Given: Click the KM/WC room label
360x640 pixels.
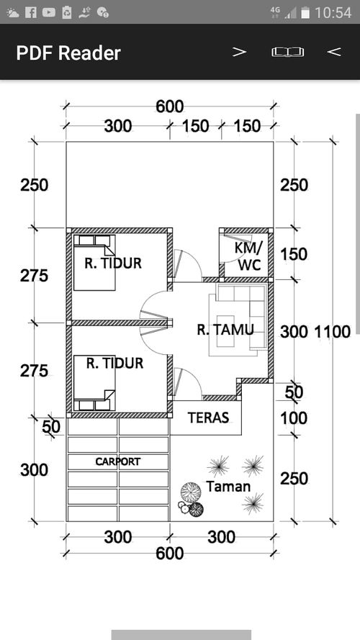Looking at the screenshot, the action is [x=249, y=256].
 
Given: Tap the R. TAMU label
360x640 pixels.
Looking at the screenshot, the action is [x=225, y=330].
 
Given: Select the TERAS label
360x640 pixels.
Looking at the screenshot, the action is [x=208, y=418].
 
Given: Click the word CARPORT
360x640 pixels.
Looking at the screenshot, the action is [x=118, y=461].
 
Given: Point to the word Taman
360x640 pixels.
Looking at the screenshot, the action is [x=228, y=486].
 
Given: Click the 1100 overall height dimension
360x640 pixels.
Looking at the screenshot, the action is [x=332, y=332].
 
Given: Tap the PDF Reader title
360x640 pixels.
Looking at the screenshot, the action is [x=68, y=53].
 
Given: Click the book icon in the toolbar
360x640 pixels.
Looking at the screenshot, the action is [x=288, y=52].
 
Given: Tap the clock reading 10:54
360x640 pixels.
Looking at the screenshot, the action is [x=333, y=13].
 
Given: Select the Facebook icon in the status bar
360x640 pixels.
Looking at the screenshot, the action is [x=31, y=13].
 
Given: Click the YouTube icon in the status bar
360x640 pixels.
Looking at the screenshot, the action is [x=48, y=13].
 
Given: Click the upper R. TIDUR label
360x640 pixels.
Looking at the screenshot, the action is [x=113, y=263].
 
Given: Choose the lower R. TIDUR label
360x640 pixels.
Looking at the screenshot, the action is [x=114, y=363].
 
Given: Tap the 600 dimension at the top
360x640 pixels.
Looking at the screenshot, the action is [x=169, y=107].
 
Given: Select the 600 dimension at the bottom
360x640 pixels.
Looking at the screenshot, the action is [x=169, y=554].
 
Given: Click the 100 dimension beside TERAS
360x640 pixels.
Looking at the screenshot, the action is [x=294, y=418].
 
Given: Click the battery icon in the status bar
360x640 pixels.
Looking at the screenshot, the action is [x=305, y=13].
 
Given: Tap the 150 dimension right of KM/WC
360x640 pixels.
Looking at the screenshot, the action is [x=294, y=254].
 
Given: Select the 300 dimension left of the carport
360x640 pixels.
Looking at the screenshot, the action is [x=35, y=470].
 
